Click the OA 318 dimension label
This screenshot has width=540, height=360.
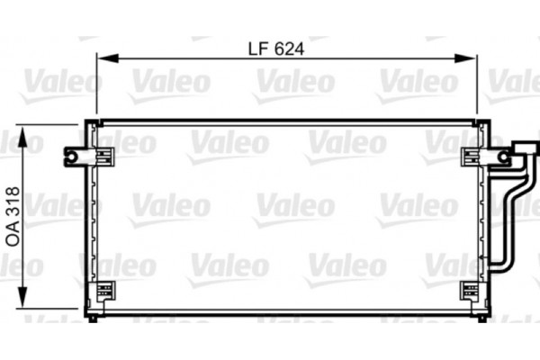coord(13,215)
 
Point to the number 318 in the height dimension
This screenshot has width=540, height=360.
coord(13,203)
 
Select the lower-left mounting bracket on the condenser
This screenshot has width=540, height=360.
coord(104,291)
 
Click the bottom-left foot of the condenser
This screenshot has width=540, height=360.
coord(94,316)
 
